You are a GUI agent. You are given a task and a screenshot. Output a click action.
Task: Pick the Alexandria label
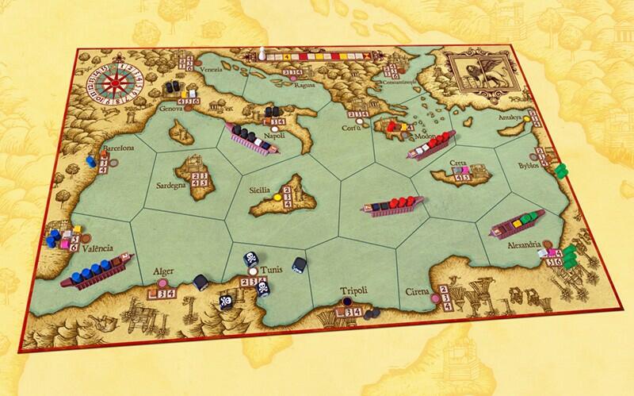pos(523,244)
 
